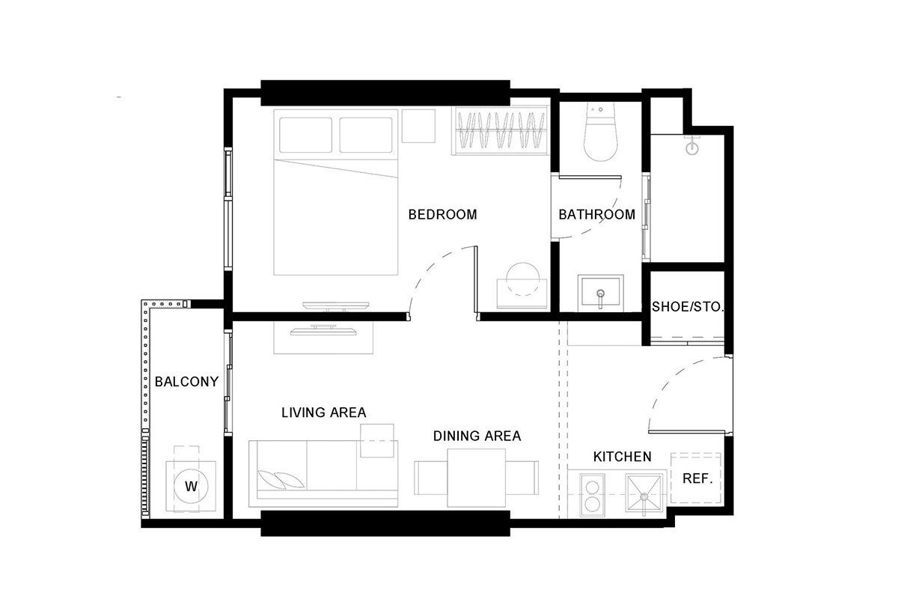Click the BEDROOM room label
pyautogui.click(x=442, y=215)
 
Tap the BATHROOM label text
pyautogui.click(x=597, y=215)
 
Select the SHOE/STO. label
pyautogui.click(x=688, y=307)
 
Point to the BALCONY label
pyautogui.click(x=187, y=382)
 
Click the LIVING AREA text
pyautogui.click(x=324, y=413)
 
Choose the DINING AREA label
pyautogui.click(x=477, y=436)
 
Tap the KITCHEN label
pyautogui.click(x=622, y=457)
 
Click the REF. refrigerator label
pyautogui.click(x=697, y=478)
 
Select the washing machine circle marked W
pyautogui.click(x=192, y=486)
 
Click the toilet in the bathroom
pyautogui.click(x=600, y=132)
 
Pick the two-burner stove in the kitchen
pyautogui.click(x=593, y=495)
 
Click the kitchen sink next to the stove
pyautogui.click(x=644, y=494)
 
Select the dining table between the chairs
pyautogui.click(x=476, y=478)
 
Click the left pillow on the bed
pyautogui.click(x=306, y=135)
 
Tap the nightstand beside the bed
pyautogui.click(x=418, y=126)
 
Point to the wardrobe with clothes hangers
pyautogui.click(x=500, y=130)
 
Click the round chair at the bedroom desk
pyautogui.click(x=523, y=279)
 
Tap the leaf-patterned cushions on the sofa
pyautogui.click(x=281, y=479)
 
